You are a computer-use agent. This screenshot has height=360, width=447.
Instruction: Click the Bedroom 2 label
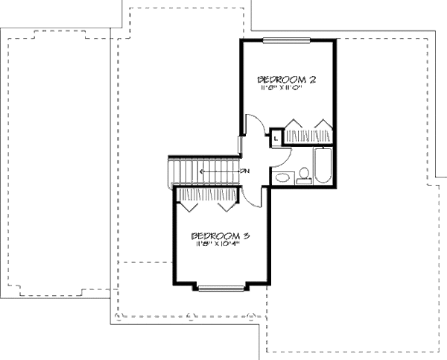tap(282, 79)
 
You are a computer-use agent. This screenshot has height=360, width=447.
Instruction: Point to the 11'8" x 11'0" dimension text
tap(282, 88)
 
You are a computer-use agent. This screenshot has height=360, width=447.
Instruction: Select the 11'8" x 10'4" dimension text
tap(218, 245)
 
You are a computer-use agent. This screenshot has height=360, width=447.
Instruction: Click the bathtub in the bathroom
tap(323, 166)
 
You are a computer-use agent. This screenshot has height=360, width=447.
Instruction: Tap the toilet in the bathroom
tap(304, 177)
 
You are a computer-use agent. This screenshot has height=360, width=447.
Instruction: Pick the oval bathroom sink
tap(283, 177)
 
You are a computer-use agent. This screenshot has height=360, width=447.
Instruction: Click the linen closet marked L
tap(275, 137)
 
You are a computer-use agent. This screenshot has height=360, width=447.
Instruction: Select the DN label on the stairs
tap(244, 172)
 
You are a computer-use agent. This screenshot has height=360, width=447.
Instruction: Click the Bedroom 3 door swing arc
tap(253, 195)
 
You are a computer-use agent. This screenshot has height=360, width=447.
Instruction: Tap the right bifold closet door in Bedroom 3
tap(227, 199)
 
